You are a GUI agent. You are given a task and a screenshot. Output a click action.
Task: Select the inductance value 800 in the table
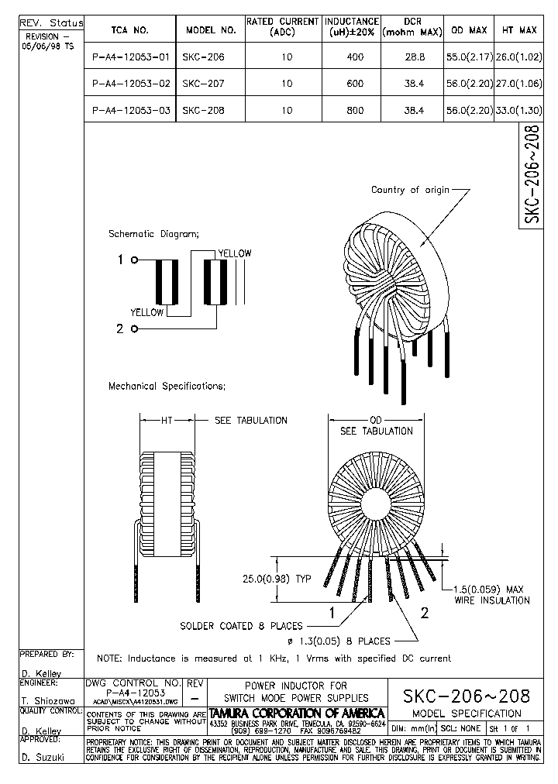click(355, 111)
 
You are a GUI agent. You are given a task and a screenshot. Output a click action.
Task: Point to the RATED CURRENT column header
click(282, 27)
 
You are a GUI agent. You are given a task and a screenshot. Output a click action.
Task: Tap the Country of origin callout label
click(410, 190)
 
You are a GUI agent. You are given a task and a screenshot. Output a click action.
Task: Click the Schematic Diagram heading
click(153, 233)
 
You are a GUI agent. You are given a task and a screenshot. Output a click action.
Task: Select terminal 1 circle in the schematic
click(135, 261)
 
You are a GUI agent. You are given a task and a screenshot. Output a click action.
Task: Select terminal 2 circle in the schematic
click(135, 329)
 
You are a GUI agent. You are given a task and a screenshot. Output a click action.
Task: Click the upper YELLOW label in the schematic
click(234, 253)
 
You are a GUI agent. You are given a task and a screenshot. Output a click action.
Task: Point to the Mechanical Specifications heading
click(167, 386)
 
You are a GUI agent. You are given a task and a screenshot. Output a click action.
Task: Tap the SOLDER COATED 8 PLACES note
click(241, 626)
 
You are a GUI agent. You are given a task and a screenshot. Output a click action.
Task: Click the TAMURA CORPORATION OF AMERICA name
click(297, 713)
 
